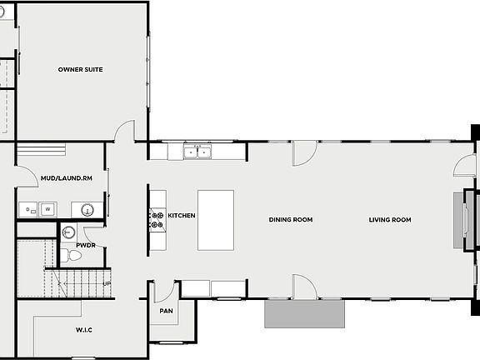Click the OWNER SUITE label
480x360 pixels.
[80, 69]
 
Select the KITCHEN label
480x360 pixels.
[182, 216]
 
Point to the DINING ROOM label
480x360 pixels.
[290, 220]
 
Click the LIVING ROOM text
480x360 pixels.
[391, 220]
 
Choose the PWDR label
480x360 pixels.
[85, 246]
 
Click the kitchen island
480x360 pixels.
[215, 219]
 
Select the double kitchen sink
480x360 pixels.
[197, 152]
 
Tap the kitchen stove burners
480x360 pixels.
[156, 219]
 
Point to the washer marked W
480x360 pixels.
[48, 208]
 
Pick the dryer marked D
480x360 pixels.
[28, 208]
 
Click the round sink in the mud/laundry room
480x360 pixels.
[86, 208]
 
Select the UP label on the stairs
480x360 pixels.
[106, 283]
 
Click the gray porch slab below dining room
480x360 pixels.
[304, 314]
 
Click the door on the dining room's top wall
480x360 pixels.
[304, 152]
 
